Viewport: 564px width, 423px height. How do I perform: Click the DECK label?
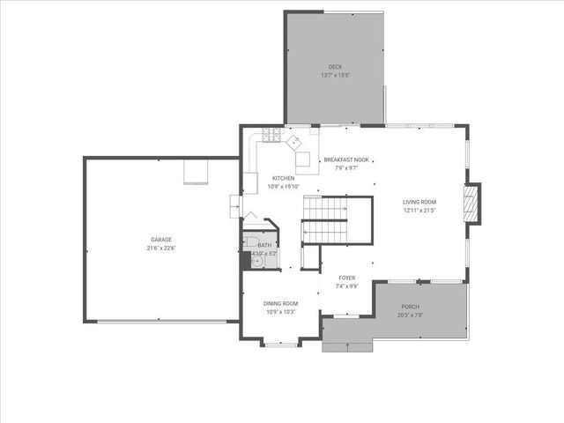point(335,67)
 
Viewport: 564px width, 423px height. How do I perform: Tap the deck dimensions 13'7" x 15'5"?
point(335,75)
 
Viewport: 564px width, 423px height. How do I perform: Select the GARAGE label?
point(160,240)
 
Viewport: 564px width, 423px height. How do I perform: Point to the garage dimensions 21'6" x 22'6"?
point(160,248)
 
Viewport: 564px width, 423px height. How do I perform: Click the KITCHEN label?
point(283,178)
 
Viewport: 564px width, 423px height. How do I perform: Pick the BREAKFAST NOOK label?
point(345,160)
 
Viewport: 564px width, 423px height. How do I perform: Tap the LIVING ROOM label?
point(419,202)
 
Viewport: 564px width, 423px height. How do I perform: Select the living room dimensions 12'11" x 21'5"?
point(419,210)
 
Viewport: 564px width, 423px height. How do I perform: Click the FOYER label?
point(346,278)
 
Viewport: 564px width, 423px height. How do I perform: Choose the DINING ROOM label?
point(280,304)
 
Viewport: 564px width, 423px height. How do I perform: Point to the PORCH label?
point(410,307)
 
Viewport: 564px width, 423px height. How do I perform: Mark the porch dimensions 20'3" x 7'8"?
point(410,315)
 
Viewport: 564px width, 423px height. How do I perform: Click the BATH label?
point(264,246)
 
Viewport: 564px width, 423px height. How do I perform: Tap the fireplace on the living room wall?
point(473,204)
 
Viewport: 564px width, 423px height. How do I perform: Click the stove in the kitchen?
point(271,136)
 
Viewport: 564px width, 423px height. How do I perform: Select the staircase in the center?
point(325,220)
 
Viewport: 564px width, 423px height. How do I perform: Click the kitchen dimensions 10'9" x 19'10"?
point(283,186)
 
